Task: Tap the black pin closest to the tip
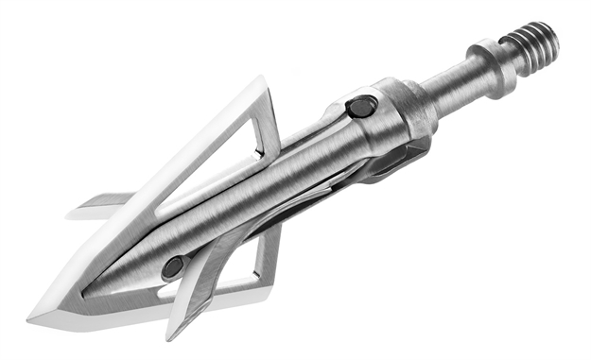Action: pos(173,267)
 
